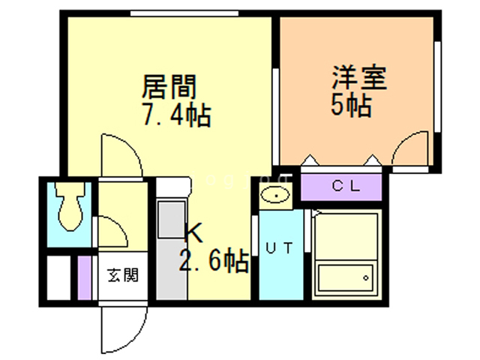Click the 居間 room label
(169, 87)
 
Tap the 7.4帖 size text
(177, 115)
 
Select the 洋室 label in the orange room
(360, 77)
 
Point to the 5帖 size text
(352, 105)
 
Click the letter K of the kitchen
(193, 232)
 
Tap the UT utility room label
(280, 247)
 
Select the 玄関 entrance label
(123, 275)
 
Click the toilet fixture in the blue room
(70, 205)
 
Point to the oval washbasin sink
(275, 195)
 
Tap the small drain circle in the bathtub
(365, 278)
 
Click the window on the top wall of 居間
(184, 13)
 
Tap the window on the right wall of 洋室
(437, 87)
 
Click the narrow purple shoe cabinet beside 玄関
(84, 277)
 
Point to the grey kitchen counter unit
(172, 249)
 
